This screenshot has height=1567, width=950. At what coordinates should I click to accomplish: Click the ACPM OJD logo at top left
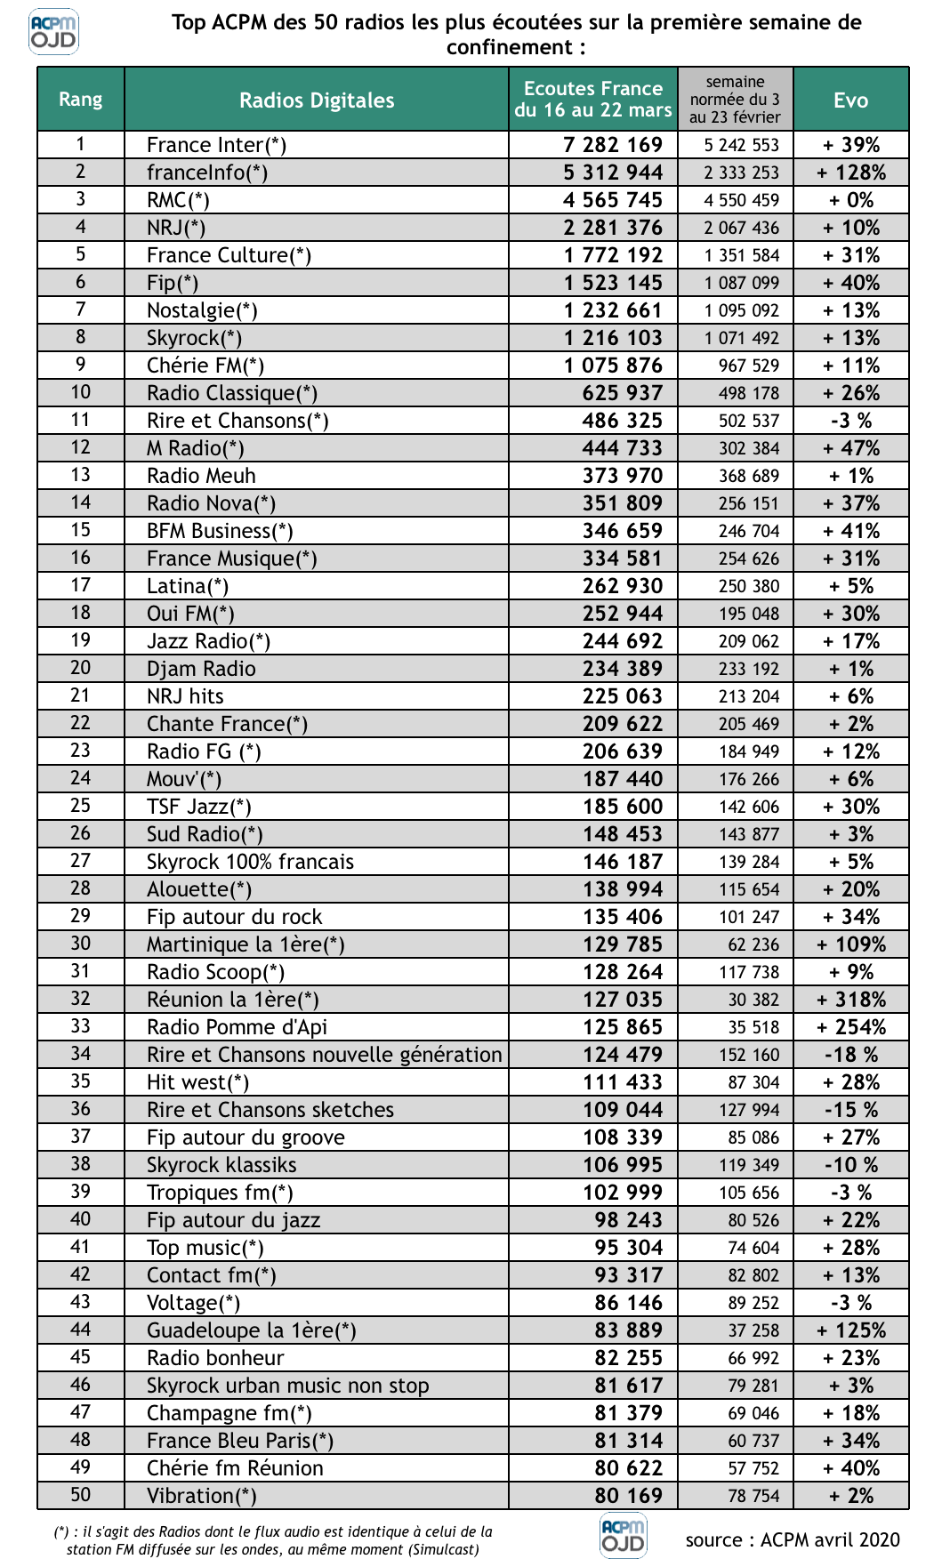point(53,32)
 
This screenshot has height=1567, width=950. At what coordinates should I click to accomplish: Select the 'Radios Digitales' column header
point(317,100)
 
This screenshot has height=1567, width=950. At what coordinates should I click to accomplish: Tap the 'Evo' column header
point(850,100)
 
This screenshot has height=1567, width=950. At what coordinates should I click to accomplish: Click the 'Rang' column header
point(81,100)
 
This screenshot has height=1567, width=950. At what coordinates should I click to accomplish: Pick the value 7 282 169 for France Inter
point(613,145)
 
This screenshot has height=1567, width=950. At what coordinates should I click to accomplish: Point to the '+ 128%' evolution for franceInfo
point(851,173)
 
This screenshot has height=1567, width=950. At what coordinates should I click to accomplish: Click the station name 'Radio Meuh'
point(201,476)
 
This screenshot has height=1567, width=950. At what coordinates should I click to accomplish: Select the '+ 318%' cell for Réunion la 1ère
point(851,1000)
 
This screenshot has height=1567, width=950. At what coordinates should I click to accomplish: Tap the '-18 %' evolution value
point(851,1055)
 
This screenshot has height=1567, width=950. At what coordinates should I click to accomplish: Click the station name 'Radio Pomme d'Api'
point(237,1027)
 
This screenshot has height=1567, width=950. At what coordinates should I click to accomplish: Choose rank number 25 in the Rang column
point(81,806)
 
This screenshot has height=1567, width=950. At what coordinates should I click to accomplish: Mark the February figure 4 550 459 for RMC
point(741,200)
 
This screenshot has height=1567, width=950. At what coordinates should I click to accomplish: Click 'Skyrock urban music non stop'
point(287,1386)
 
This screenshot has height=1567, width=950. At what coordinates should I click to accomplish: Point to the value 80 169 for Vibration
point(628,1496)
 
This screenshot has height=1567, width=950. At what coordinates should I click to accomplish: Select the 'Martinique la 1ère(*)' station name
point(246,944)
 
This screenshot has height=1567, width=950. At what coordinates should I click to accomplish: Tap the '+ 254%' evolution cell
point(851,1027)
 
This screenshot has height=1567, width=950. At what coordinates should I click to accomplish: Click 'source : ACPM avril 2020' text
point(793,1540)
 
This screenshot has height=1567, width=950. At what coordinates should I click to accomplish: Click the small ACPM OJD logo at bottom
point(624,1537)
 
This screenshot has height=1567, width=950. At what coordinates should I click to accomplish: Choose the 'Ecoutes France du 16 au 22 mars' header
point(593,100)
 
